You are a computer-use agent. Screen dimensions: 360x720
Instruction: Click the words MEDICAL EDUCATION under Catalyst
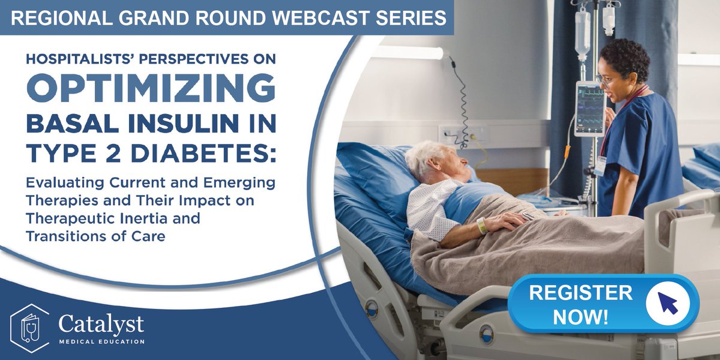[101, 341]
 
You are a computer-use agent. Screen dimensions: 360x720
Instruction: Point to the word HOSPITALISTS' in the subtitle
[77, 61]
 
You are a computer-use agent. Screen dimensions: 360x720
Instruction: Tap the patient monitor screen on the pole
[589, 109]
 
